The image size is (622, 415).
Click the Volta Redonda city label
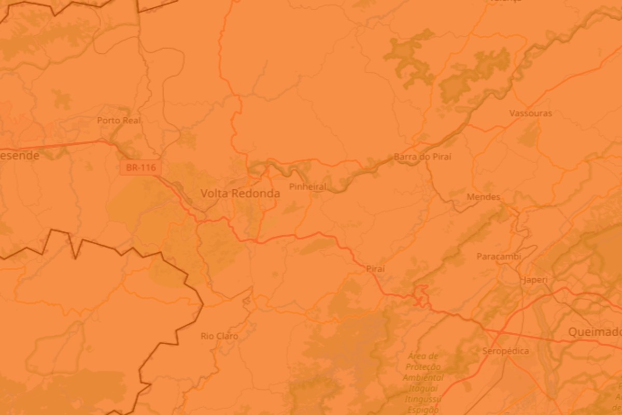[x=240, y=193]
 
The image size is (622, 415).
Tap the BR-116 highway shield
[x=140, y=168]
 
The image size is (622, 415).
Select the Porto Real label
[x=119, y=120]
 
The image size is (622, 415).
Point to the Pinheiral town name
[x=308, y=187]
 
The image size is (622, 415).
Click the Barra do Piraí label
[x=422, y=156]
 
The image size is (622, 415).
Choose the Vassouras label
[x=530, y=113]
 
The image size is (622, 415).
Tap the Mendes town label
[x=483, y=197]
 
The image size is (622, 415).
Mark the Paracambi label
[x=499, y=256]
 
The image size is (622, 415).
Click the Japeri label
[x=535, y=280]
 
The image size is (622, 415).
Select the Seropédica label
[x=505, y=351]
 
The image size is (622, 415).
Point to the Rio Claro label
[x=219, y=336]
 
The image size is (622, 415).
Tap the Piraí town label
[x=375, y=268]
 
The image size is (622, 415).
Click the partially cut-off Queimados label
[x=595, y=332]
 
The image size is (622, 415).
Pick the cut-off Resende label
[x=20, y=155]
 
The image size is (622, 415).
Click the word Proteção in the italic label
[x=422, y=367]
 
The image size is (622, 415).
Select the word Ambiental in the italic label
[x=422, y=378]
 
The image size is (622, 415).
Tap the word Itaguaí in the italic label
[x=423, y=388]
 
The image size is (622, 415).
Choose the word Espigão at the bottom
[x=421, y=409]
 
